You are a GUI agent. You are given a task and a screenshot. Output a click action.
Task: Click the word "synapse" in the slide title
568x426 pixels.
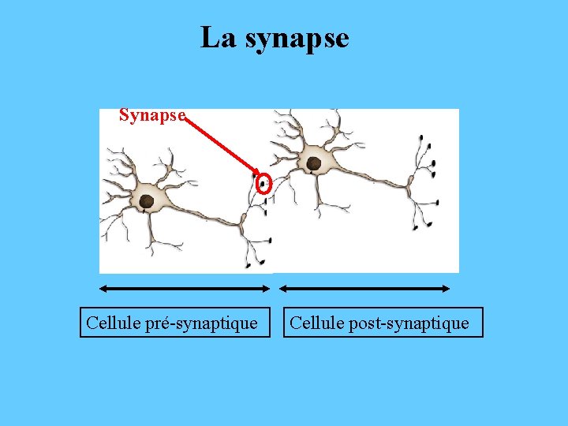point(297,38)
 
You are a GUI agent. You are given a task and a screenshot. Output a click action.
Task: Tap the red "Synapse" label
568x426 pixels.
point(152,115)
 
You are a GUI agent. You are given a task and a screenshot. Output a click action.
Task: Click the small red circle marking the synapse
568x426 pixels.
point(264,184)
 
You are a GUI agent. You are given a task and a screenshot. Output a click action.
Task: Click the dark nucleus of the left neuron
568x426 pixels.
point(147,201)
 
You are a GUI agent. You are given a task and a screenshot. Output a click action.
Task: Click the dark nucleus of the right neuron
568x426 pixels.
point(313,163)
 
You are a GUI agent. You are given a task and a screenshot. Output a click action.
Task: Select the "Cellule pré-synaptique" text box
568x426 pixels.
point(172,323)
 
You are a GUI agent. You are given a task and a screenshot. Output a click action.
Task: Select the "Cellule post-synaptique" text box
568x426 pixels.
point(383,323)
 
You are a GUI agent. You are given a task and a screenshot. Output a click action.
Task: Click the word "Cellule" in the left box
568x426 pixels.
point(112,323)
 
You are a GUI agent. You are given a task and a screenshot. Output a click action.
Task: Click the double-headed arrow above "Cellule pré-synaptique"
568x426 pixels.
point(186,289)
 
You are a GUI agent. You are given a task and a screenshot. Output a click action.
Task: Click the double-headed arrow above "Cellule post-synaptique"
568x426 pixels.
point(366,289)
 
